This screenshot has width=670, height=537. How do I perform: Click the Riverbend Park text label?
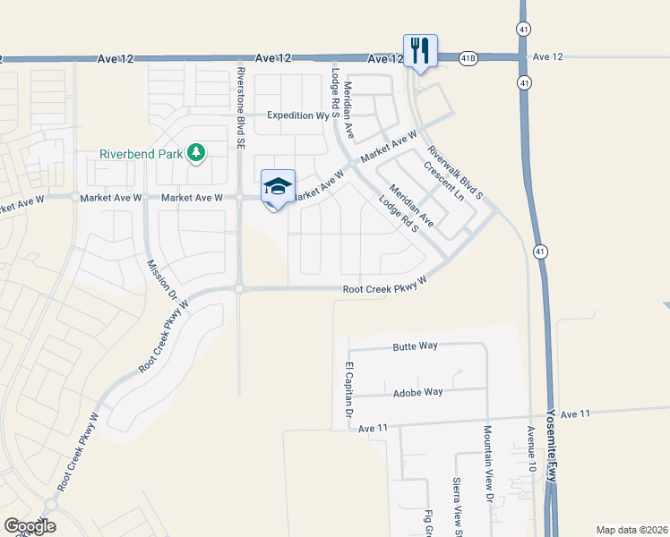140,154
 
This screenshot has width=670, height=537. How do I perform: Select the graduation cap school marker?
278,187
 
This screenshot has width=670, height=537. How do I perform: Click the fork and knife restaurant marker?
420,50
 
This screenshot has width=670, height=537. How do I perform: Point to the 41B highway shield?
469,57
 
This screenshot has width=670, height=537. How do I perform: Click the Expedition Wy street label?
298,115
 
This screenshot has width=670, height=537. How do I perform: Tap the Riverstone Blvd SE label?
241,107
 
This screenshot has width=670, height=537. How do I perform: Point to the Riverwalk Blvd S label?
455,173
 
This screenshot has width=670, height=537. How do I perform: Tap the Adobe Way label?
418,392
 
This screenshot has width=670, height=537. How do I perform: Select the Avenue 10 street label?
531,447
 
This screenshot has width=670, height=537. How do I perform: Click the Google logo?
30,526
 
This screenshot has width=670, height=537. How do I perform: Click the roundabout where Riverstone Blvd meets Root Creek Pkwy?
240,288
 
